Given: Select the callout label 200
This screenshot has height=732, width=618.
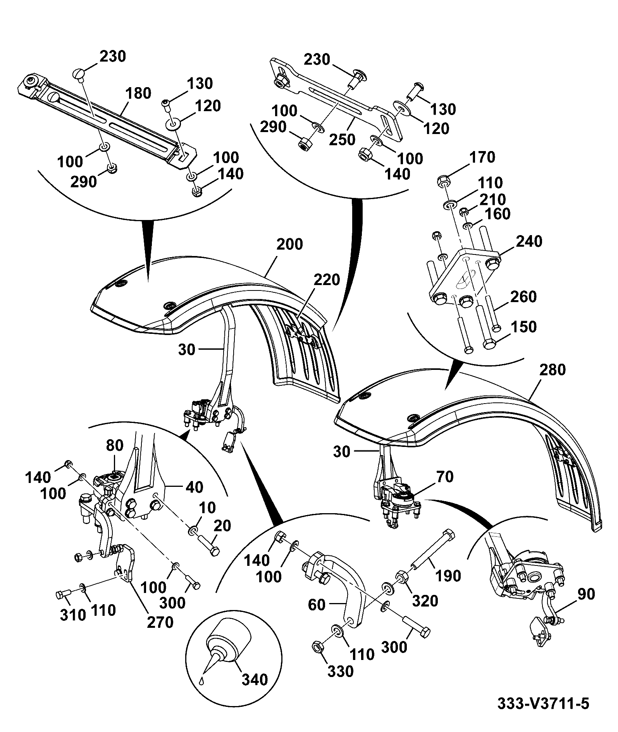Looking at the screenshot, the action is click(290, 244).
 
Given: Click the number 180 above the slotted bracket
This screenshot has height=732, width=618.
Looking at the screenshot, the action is click(138, 93).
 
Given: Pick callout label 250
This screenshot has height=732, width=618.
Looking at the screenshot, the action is click(342, 139).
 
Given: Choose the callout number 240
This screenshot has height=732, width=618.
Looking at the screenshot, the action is click(529, 241).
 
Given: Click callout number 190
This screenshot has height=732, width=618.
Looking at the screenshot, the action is click(448, 576).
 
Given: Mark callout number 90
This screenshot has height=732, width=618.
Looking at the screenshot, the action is click(586, 594).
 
